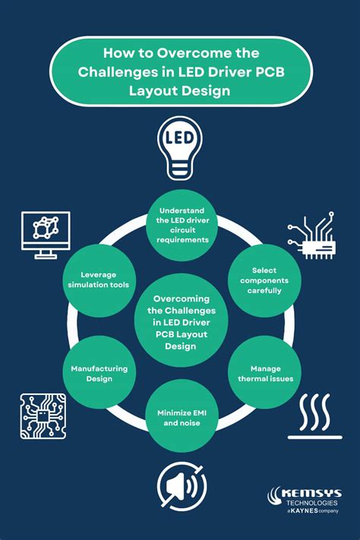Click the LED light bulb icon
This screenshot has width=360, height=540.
tap(180, 148)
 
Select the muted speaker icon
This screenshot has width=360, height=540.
tap(182, 486)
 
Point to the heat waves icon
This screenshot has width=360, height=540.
tap(315, 416)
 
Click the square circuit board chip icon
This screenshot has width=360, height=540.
tap(43, 416)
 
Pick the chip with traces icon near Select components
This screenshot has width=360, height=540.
tap(311, 235)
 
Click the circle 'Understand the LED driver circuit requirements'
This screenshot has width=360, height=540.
tap(182, 225)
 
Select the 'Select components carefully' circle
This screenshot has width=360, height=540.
tap(264, 280)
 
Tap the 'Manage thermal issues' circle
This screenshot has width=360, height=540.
tap(264, 373)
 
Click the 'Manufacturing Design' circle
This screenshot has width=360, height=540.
tap(99, 373)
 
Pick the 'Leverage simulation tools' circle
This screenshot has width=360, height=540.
tap(99, 280)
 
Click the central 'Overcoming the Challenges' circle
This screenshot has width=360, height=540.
tap(182, 321)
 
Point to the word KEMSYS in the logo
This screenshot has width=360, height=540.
tap(311, 493)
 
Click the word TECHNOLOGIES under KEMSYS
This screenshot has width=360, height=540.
tap(311, 503)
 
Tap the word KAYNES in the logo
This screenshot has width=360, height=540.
tap(305, 510)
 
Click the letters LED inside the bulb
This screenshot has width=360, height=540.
tap(179, 137)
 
